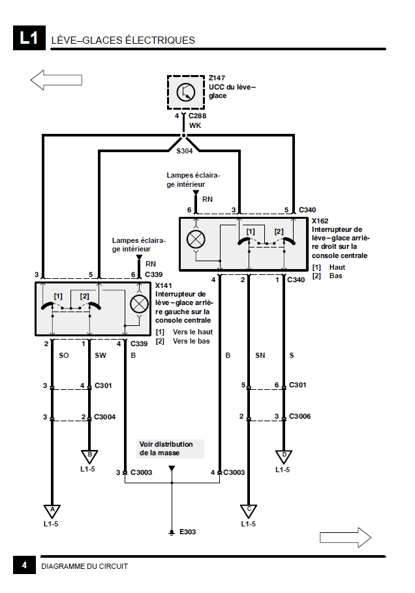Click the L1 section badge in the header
[29, 38]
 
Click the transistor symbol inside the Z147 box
[186, 92]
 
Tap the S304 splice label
[185, 151]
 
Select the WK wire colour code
[195, 125]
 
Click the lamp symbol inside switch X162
[196, 239]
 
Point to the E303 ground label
[187, 532]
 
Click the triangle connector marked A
[52, 511]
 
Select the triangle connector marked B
[89, 457]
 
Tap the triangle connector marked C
[249, 511]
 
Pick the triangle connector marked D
[283, 457]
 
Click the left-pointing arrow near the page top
[56, 80]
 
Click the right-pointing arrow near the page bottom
[345, 537]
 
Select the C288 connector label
[197, 116]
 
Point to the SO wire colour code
[64, 355]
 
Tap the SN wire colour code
[260, 355]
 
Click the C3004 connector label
[104, 417]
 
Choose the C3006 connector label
[300, 416]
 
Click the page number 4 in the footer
[24, 565]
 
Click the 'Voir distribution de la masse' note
[166, 449]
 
